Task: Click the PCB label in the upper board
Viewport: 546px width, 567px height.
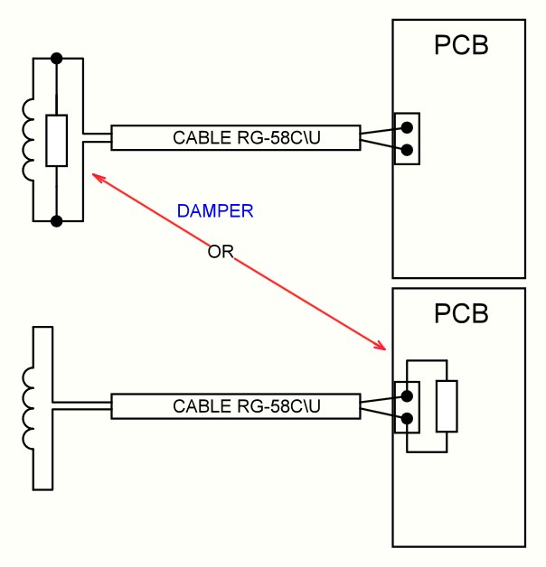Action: (461, 45)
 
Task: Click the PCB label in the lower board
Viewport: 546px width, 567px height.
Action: (461, 313)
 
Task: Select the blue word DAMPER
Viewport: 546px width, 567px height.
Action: (215, 211)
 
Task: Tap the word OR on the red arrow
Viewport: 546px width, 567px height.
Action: (221, 252)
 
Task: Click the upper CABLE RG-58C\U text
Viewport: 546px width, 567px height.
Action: (235, 138)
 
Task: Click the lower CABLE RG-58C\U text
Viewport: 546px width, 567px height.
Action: (235, 406)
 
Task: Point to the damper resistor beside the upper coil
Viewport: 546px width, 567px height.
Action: (56, 141)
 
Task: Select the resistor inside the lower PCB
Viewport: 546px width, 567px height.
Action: (447, 406)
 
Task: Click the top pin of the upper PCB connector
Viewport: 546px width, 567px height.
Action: (407, 127)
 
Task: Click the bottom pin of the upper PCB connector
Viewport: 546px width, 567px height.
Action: (407, 150)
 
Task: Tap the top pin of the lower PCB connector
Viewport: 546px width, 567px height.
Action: (407, 395)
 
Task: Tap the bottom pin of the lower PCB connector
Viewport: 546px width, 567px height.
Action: (407, 418)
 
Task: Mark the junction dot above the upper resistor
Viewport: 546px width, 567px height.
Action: (56, 58)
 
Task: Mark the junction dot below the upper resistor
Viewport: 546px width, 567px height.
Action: (56, 221)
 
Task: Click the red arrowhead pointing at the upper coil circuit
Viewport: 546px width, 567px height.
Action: (96, 176)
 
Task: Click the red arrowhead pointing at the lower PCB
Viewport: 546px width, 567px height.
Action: (381, 347)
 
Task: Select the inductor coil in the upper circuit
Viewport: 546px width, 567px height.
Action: (28, 139)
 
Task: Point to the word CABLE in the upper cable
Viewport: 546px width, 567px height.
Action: (196, 138)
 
